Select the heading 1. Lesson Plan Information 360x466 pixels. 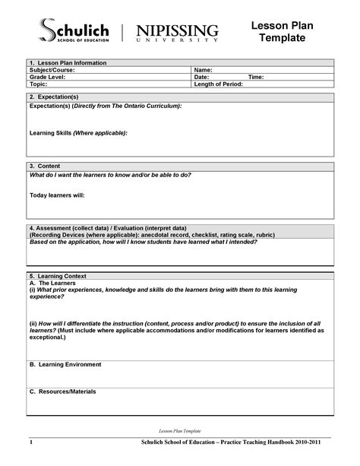pos(68,62)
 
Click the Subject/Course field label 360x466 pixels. pos(52,70)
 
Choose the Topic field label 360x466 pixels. pos(39,84)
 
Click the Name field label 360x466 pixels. pos(203,70)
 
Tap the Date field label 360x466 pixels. pos(201,77)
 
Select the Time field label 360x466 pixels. pos(256,77)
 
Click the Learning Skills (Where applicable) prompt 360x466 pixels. pos(78,132)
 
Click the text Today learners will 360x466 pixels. pos(57,195)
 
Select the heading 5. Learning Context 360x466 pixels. pos(58,275)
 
